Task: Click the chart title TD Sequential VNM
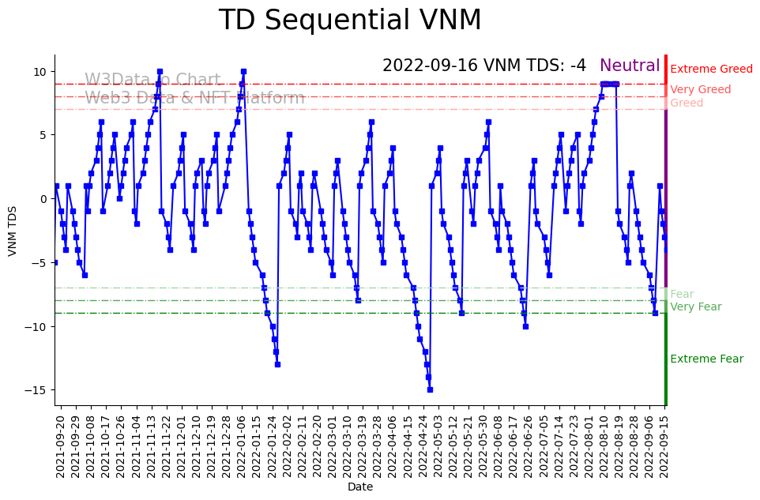tap(350, 21)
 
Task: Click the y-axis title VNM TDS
tap(13, 230)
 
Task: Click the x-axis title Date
tap(360, 487)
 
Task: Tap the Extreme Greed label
tap(711, 70)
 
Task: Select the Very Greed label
tap(700, 90)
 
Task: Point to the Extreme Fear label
tap(706, 359)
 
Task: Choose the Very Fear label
tap(695, 307)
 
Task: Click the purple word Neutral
tap(630, 66)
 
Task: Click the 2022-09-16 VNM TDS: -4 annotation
tap(484, 66)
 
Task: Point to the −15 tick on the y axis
tap(38, 390)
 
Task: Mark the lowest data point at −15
tap(430, 389)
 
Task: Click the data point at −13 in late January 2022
tap(277, 364)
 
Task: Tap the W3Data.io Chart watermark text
tap(152, 81)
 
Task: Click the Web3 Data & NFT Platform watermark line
tap(194, 99)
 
